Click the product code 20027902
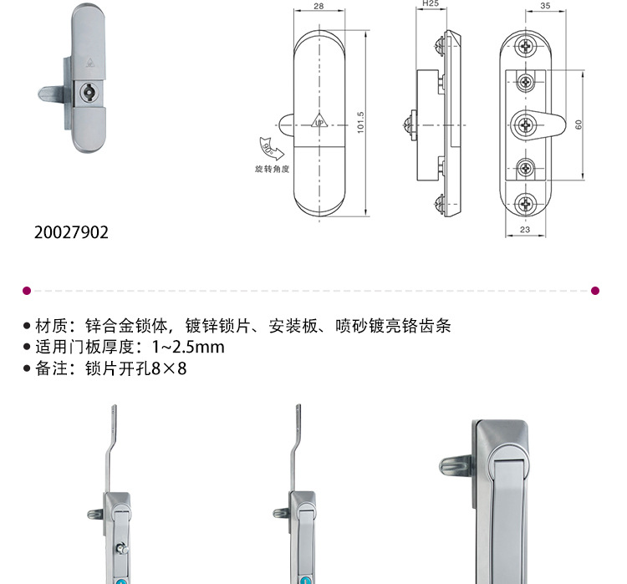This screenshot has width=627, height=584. click(x=72, y=233)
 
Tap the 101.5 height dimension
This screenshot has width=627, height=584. click(x=361, y=123)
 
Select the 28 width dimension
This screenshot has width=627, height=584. click(x=319, y=7)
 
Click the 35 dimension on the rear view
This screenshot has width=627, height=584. click(x=544, y=7)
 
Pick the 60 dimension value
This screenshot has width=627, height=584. click(x=578, y=124)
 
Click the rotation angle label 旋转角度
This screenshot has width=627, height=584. click(x=272, y=168)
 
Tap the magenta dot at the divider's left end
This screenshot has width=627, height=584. click(x=26, y=291)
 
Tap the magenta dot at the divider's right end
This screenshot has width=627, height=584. click(x=595, y=291)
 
